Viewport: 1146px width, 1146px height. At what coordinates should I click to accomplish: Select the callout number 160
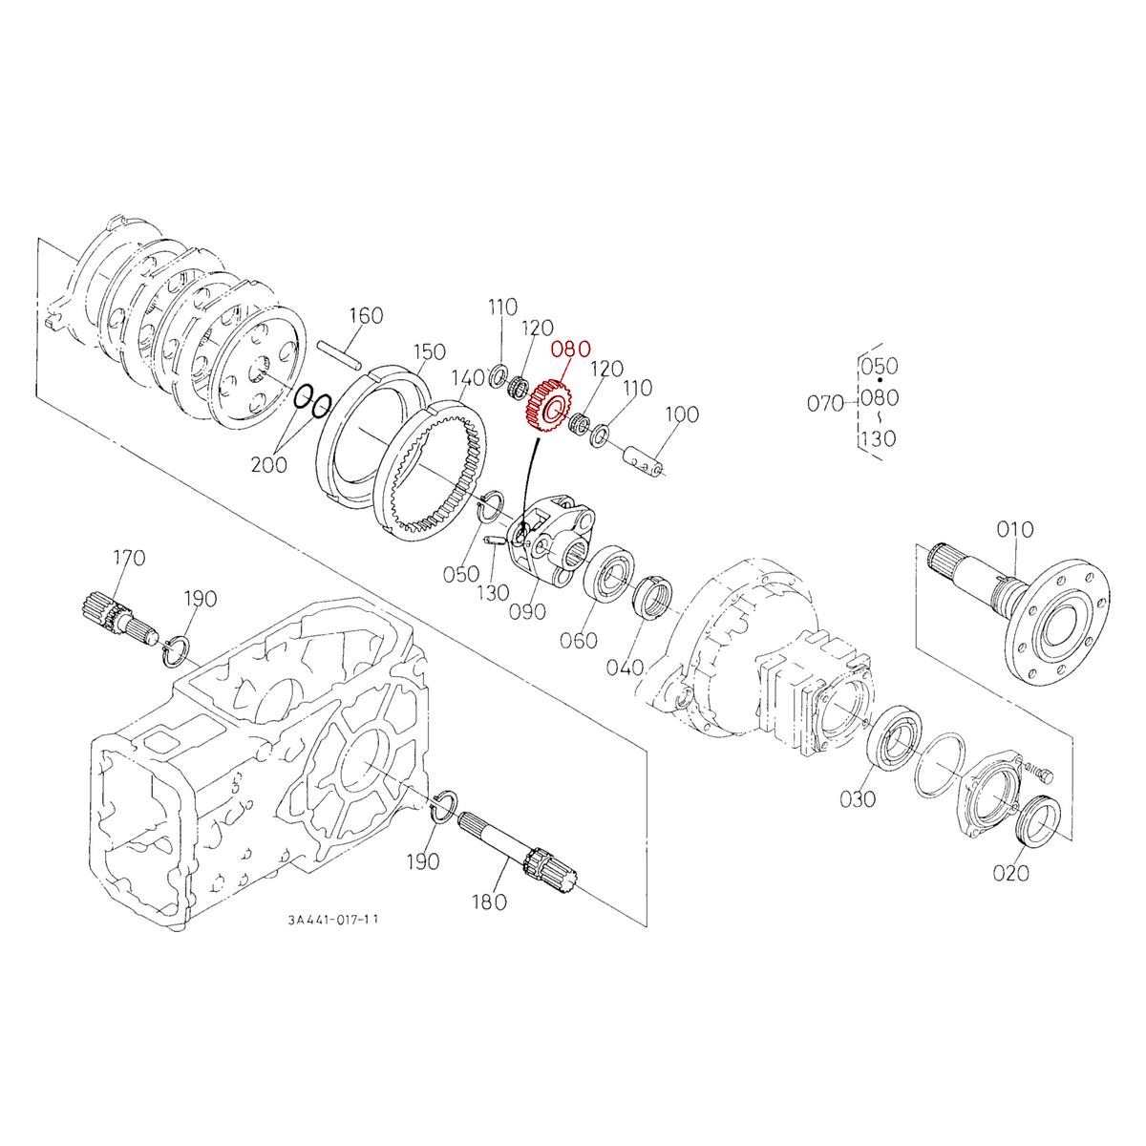pos(365,316)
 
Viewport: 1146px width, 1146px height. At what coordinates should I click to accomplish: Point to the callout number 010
pos(1014,529)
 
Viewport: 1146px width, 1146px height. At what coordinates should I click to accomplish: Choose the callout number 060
pos(579,640)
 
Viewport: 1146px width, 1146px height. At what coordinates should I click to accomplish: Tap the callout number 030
pos(857,798)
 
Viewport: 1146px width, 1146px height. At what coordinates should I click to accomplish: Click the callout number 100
pos(682,414)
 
